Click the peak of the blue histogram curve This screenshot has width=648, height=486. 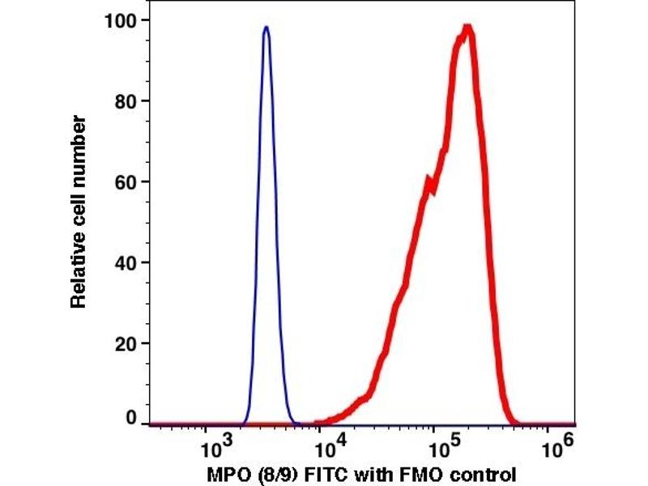coord(266,28)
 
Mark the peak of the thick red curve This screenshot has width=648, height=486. coord(467,29)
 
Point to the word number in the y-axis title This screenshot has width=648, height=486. coord(79,144)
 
